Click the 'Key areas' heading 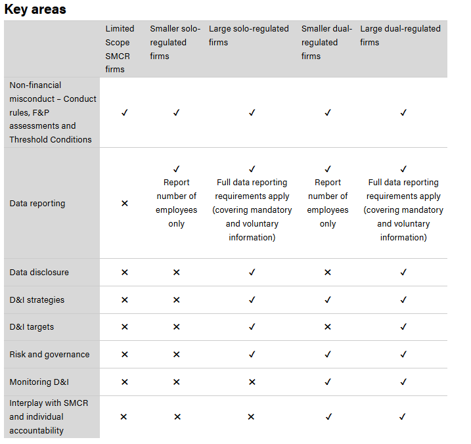35,10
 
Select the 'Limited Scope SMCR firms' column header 120,49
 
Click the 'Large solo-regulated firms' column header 248,35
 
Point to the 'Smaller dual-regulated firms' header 326,42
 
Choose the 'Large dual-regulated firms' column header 400,35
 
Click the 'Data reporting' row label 37,204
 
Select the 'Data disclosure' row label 39,272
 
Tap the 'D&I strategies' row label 37,300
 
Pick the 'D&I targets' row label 32,327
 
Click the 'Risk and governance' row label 49,355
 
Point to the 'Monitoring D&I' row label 39,382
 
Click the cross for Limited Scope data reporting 125,204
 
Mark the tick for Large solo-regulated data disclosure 252,272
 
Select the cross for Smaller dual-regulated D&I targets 328,327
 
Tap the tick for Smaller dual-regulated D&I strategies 328,300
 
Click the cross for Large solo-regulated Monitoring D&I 252,382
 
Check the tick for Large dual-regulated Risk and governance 403,355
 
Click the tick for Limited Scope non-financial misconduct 125,112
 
